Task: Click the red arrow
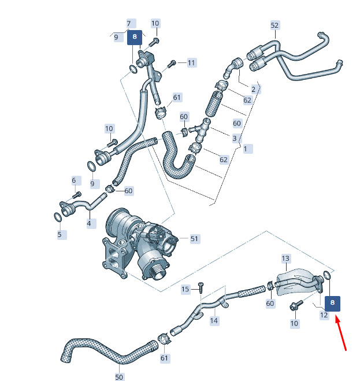coord(341,332)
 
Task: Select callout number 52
coord(274,25)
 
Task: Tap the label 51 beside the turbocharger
coord(194,239)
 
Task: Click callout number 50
coord(119,377)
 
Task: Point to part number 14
coord(214,320)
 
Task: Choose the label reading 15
coord(185,289)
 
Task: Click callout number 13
coord(285,258)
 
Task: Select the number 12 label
coord(324,315)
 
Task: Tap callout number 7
coord(129,24)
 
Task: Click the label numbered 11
coord(191,62)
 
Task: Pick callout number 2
coord(254,89)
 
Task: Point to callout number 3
coord(235,138)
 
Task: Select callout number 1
coord(246,149)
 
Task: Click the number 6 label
coord(74,180)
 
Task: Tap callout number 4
coord(89,223)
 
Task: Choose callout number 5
coord(60,235)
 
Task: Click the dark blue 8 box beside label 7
coord(135,37)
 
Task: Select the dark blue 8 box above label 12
coord(332,304)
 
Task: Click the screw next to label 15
coord(201,288)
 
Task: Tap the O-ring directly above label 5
coord(57,217)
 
